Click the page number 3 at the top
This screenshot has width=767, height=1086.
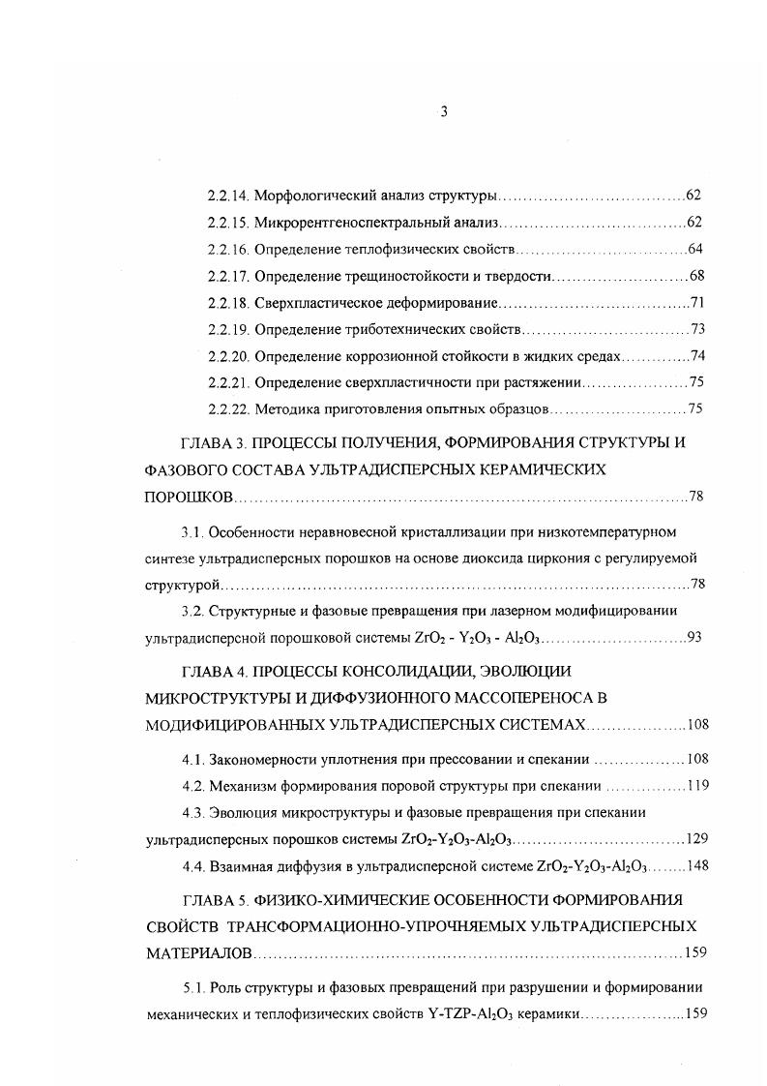click(x=443, y=111)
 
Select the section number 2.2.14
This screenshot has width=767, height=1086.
click(x=229, y=196)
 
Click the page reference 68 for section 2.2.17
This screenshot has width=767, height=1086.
click(x=696, y=276)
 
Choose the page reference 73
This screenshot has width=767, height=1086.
click(x=696, y=329)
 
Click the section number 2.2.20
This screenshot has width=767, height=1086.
click(x=229, y=355)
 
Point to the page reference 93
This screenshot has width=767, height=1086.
click(x=693, y=637)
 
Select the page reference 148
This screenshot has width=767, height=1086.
click(x=698, y=864)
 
